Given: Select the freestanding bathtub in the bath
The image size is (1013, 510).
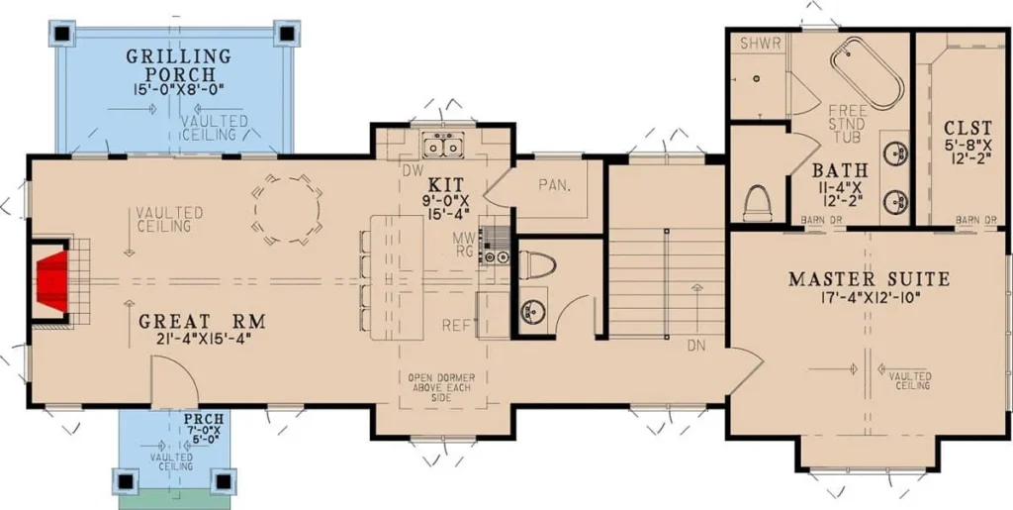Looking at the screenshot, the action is pos(868,76).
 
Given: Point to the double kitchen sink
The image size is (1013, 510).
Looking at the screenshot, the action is pos(443,145).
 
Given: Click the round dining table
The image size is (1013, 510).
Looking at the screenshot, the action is pos(288,209).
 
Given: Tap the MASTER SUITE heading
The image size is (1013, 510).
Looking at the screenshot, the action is pos(869,279).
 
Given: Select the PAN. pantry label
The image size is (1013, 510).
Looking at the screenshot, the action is pos(555,185).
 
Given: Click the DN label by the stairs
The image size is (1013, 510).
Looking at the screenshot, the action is pos(695,346).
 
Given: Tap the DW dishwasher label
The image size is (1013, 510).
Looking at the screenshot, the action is pos(409,171).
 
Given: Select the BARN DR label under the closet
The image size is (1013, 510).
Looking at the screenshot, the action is pos(976,220).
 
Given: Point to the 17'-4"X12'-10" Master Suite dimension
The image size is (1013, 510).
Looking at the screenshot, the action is pos(868,297).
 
